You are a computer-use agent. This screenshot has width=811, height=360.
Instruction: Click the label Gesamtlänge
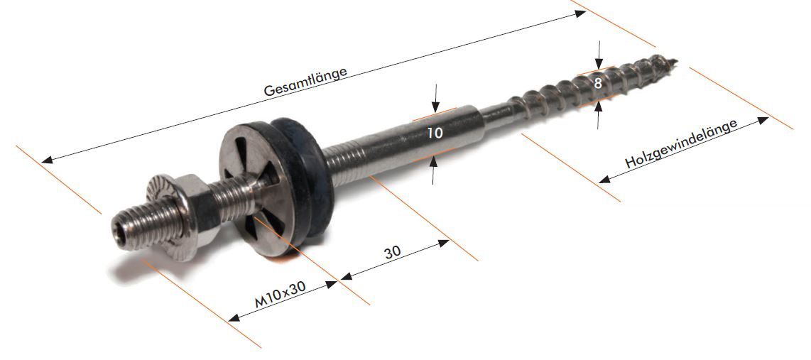305,81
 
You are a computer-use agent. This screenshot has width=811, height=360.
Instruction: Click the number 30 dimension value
391,253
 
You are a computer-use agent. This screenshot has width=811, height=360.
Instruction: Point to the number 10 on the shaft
434,132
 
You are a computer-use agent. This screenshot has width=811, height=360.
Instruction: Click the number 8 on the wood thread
598,83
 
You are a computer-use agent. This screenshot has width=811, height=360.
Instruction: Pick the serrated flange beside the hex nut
163,206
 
